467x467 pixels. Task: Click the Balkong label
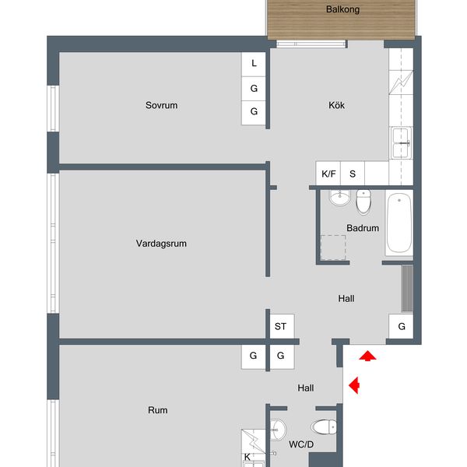pos(342,9)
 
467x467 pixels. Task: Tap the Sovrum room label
pos(161,105)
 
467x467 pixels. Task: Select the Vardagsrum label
pos(161,244)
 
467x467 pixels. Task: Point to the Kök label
pos(336,105)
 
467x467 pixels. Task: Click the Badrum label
pos(363,228)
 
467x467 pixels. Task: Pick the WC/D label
pos(301,444)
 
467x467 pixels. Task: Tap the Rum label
pos(157,410)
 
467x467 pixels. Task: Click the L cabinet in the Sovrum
pos(254,65)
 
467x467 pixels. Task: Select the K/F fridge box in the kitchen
pos(328,174)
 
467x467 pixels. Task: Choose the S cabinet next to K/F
pos(353,174)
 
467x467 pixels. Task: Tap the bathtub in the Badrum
pos(399,223)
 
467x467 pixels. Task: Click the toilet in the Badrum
pos(363,202)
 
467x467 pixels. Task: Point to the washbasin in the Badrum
pos(339,198)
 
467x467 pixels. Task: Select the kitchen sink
pos(401,143)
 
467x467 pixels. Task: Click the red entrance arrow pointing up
pos(367,356)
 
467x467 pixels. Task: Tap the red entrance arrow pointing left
pos(354,385)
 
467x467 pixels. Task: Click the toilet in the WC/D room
pos(324,427)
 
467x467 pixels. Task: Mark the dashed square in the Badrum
pos(333,248)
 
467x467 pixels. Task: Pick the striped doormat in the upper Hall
pos(407,288)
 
